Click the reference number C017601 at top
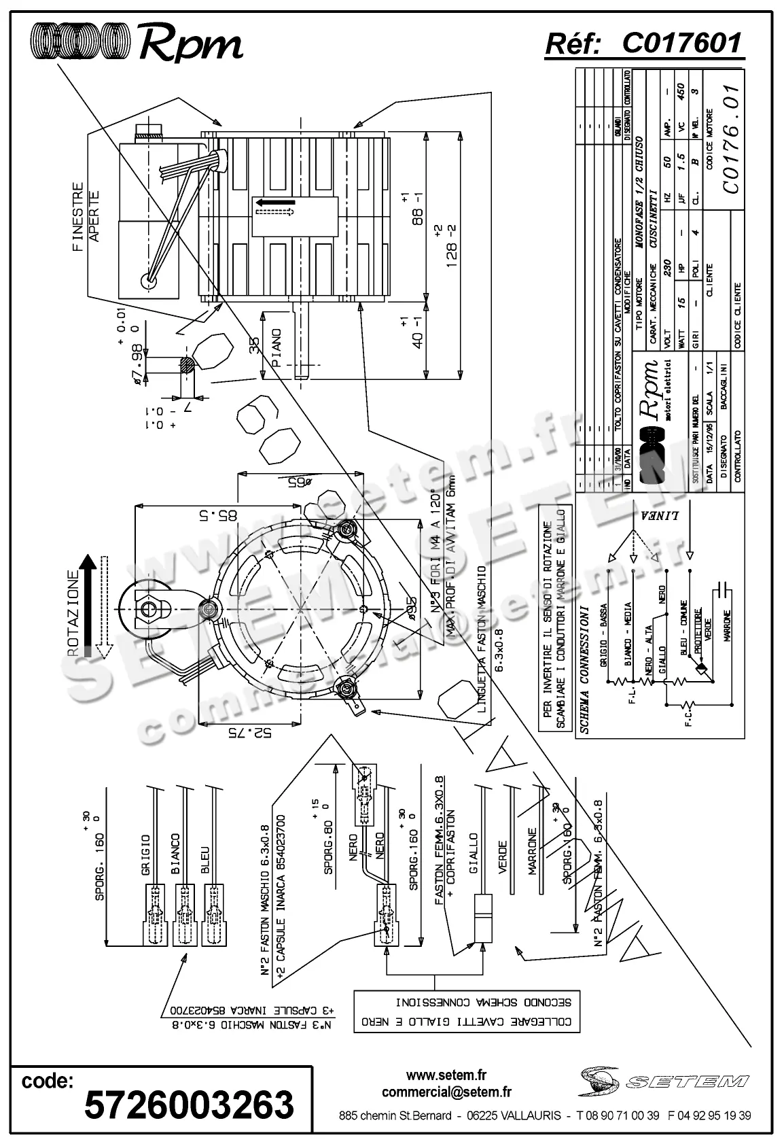click(x=681, y=44)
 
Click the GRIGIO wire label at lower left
click(x=145, y=854)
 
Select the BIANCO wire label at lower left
click(x=175, y=854)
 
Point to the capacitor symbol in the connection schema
click(x=726, y=585)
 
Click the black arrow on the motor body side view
click(x=275, y=202)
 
